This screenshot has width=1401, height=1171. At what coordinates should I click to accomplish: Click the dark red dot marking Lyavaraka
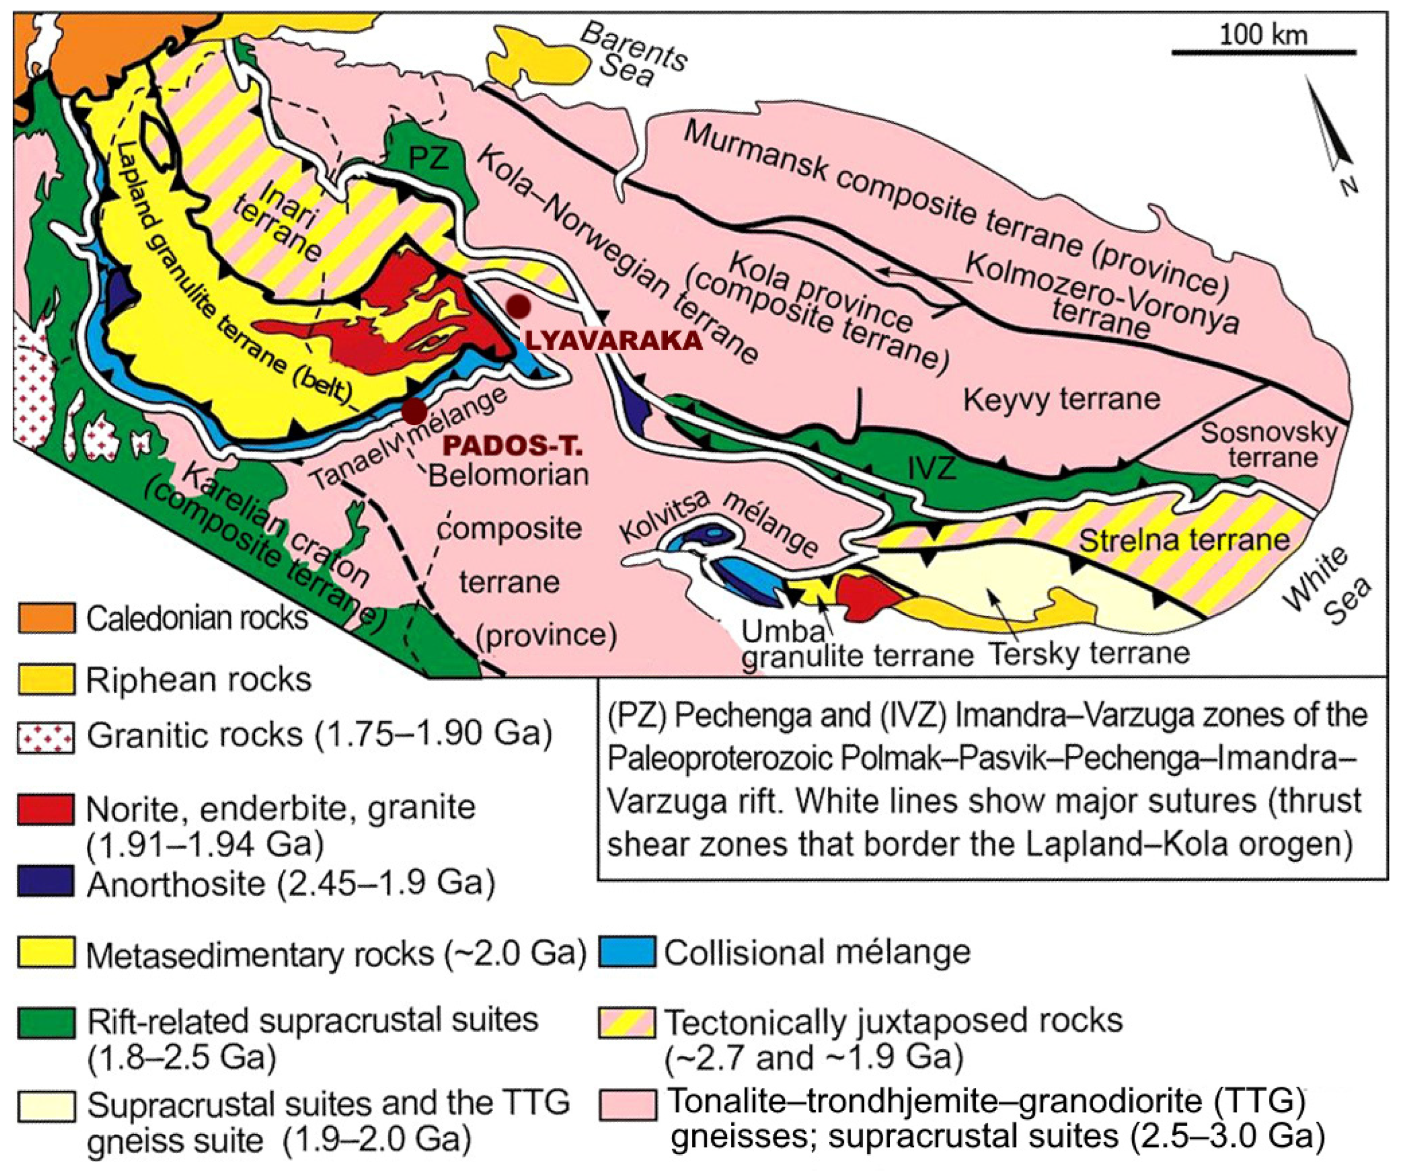click(x=518, y=306)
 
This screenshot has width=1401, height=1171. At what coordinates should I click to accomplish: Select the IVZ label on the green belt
click(x=932, y=468)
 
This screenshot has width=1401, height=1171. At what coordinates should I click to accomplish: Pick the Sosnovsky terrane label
click(x=1268, y=445)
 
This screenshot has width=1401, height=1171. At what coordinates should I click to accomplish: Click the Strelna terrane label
click(x=1184, y=539)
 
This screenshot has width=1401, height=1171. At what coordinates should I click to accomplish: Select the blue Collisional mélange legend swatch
click(x=626, y=951)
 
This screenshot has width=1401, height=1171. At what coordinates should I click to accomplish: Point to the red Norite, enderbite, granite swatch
click(x=46, y=809)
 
